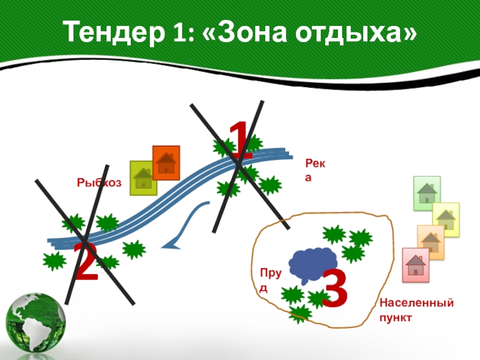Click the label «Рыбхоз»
[x=99, y=182]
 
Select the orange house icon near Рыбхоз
[x=166, y=163]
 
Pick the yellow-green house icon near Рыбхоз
[x=143, y=178]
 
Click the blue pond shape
[x=311, y=264]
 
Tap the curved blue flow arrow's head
[x=172, y=243]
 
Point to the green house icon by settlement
[x=427, y=193]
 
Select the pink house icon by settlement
[x=415, y=265]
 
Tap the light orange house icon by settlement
[x=430, y=242]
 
